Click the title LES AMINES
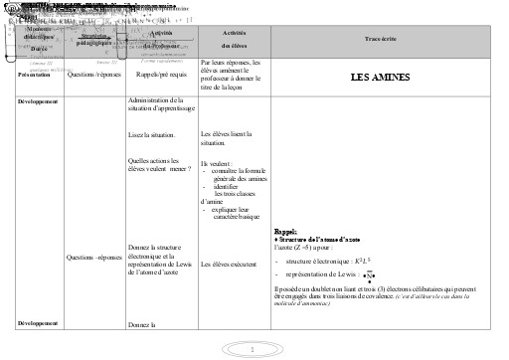tap(381, 77)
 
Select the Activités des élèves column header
tap(233, 39)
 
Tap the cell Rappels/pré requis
tap(157, 74)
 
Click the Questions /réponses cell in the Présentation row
tap(93, 74)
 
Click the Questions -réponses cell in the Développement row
tap(93, 256)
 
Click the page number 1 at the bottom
tap(254, 349)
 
